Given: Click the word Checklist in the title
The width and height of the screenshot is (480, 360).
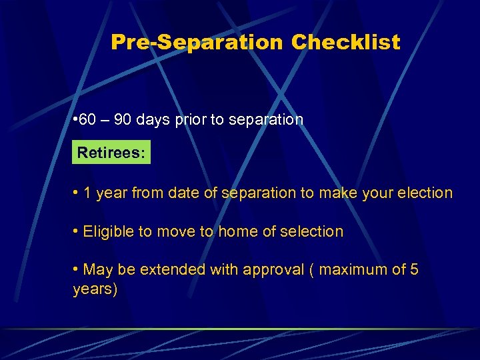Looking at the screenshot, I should tap(345, 43).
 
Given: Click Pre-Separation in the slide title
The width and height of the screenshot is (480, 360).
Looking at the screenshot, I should tap(197, 43).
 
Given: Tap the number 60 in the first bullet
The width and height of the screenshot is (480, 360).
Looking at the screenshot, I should tap(88, 120).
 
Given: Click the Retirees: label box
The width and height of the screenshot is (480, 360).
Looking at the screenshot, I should tap(111, 153).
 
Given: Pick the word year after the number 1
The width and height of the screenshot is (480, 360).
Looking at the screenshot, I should tap(111, 194).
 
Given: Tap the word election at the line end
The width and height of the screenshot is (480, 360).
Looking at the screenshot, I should tap(422, 193).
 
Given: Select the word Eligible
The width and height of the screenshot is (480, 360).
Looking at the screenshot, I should tap(109, 232).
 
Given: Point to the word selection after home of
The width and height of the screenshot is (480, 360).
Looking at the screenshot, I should tap(311, 232).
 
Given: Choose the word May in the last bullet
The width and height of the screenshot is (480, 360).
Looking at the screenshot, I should tap(98, 270).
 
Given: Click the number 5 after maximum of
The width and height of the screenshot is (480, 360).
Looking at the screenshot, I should tap(415, 270).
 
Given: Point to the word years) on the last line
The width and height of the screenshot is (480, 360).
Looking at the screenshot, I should tap(95, 290).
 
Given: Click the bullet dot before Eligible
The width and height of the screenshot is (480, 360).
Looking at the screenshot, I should tap(77, 232).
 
